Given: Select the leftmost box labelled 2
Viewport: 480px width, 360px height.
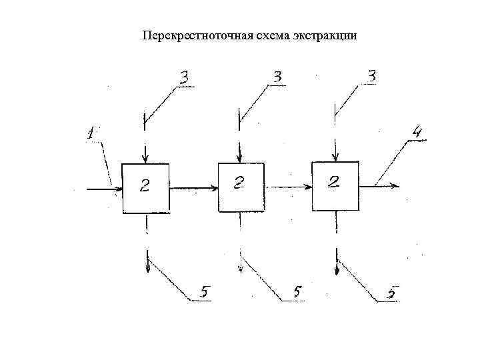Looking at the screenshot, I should [145, 187].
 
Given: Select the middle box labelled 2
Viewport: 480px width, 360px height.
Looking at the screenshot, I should [241, 187].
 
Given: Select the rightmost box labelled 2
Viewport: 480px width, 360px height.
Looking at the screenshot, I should [335, 186].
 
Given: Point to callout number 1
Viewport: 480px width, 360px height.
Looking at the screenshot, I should [91, 134].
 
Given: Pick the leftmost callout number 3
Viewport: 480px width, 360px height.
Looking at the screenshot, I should [183, 78].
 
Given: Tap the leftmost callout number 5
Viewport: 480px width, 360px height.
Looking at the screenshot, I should [205, 292].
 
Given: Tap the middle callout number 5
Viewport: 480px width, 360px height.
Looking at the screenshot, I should [297, 292].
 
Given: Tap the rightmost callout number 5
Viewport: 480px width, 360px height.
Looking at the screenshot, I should [393, 292].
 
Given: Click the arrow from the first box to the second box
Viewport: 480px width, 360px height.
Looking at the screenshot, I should [194, 188].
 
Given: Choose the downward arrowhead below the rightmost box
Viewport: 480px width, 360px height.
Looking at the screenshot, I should [337, 269].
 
